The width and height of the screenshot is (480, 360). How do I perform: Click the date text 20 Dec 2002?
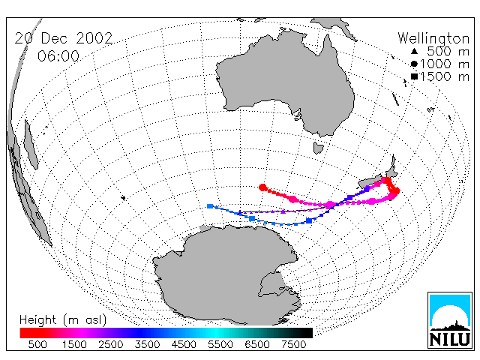click(64, 38)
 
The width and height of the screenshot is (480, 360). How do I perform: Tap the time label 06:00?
click(58, 56)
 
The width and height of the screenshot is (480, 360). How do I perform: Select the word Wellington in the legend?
click(433, 38)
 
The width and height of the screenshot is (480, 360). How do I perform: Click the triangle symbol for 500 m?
click(414, 51)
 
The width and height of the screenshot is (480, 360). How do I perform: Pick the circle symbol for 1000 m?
click(414, 64)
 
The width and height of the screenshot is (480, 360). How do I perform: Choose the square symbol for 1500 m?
click(414, 76)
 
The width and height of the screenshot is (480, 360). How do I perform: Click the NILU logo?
click(450, 320)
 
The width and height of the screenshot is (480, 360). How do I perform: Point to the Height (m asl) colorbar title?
click(63, 320)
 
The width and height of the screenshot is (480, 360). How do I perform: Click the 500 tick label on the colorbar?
click(37, 345)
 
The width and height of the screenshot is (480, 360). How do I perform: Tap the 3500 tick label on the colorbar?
click(147, 345)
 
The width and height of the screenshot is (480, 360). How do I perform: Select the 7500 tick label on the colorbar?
click(293, 345)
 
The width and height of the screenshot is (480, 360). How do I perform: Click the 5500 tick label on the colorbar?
click(220, 345)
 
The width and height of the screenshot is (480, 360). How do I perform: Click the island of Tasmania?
click(318, 148)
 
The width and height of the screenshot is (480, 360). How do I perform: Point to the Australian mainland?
click(285, 79)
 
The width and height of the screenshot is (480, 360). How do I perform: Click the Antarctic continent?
click(226, 275)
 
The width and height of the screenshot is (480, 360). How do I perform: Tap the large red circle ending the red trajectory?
click(262, 187)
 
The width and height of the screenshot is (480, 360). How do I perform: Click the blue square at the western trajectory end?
click(210, 206)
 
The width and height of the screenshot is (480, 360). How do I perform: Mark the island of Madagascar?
click(31, 145)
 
